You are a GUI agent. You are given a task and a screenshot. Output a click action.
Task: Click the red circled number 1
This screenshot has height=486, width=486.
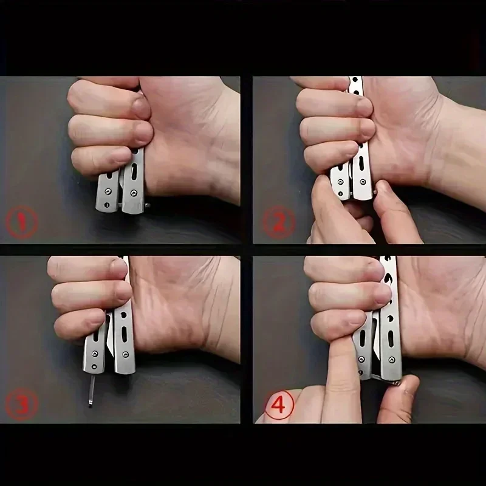tap(22, 222)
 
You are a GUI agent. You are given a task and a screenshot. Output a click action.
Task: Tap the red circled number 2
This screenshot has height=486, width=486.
tap(279, 222)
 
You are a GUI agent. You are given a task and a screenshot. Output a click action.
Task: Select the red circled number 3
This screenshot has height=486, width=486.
tap(22, 404)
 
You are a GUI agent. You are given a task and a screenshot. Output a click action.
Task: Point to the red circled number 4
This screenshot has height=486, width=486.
tap(279, 405)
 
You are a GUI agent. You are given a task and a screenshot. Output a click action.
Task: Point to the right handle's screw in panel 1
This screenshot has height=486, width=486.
tap(134, 193)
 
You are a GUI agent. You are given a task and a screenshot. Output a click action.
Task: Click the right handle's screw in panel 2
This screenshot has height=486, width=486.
tap(361, 182)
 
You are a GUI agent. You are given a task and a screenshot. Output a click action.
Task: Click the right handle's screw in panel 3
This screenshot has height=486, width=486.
tap(125, 354)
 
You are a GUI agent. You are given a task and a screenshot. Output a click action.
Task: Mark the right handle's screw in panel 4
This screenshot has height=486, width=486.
tap(391, 360)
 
